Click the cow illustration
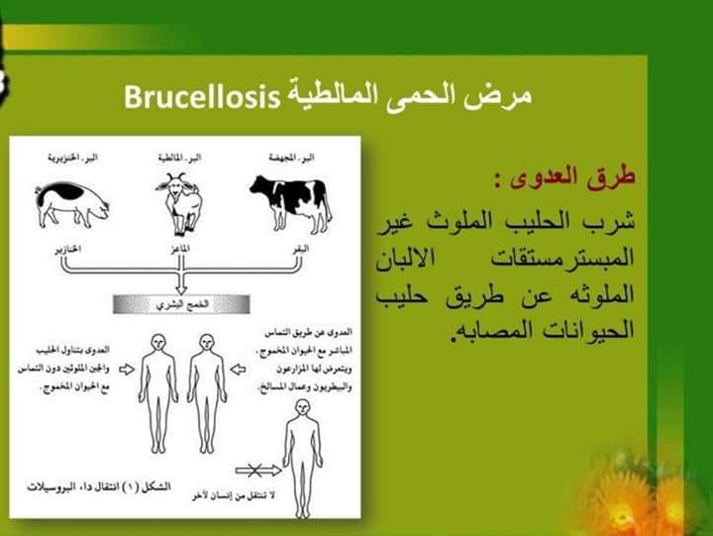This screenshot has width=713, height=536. coord(290,197)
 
